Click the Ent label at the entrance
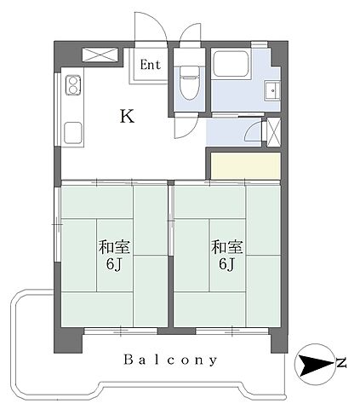coord(150,65)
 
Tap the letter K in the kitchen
coord(126,117)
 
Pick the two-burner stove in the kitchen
coord(71,87)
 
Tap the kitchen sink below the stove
coord(71,132)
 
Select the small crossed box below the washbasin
coord(273,131)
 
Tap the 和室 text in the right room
coord(226,248)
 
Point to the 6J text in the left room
coord(114,265)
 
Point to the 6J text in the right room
coord(226,265)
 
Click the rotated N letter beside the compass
coord(341,365)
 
